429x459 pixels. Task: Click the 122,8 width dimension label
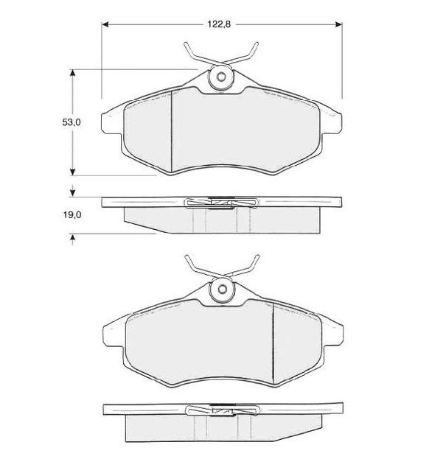coord(219,24)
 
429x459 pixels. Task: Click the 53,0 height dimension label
coord(71,122)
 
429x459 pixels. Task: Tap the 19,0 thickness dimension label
coord(72,215)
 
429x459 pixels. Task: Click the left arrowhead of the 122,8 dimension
coord(105,24)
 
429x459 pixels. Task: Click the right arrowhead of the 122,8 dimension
coord(338,24)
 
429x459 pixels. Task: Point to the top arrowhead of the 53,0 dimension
coord(73,73)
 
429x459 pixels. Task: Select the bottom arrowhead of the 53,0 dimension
coord(73,172)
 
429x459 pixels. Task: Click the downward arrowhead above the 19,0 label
coord(73,193)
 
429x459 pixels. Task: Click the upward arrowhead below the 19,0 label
coord(73,238)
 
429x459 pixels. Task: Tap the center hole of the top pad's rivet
coord(221,77)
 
